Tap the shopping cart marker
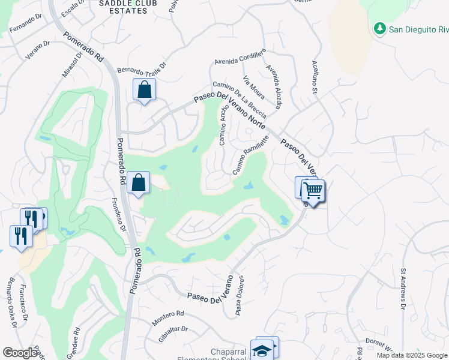[313, 191]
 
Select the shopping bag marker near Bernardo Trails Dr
[144, 91]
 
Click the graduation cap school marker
[262, 350]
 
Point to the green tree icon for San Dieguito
[379, 28]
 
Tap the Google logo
[20, 353]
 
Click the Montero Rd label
[167, 318]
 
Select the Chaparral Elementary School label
[228, 355]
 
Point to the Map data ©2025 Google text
[412, 355]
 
